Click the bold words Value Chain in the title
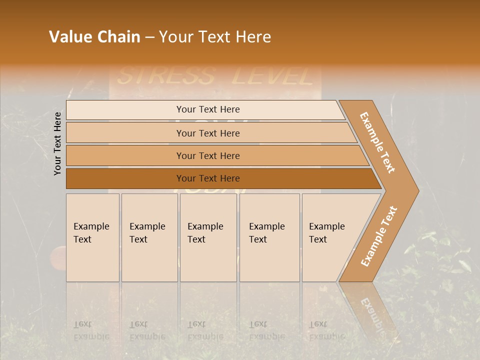(x=94, y=37)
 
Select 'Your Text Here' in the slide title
(x=215, y=37)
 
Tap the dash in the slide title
(x=149, y=37)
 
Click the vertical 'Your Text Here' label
(x=58, y=143)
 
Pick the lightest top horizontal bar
(x=207, y=109)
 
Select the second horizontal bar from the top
(x=207, y=133)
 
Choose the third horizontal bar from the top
(x=207, y=155)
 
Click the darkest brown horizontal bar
(x=207, y=178)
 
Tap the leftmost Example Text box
(x=92, y=237)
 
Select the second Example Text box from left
(x=149, y=237)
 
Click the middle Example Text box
(x=208, y=237)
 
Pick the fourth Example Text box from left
(x=269, y=237)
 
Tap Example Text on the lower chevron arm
(x=379, y=236)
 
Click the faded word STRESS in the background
(x=165, y=76)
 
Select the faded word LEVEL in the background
(x=273, y=76)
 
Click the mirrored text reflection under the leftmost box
(x=91, y=330)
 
